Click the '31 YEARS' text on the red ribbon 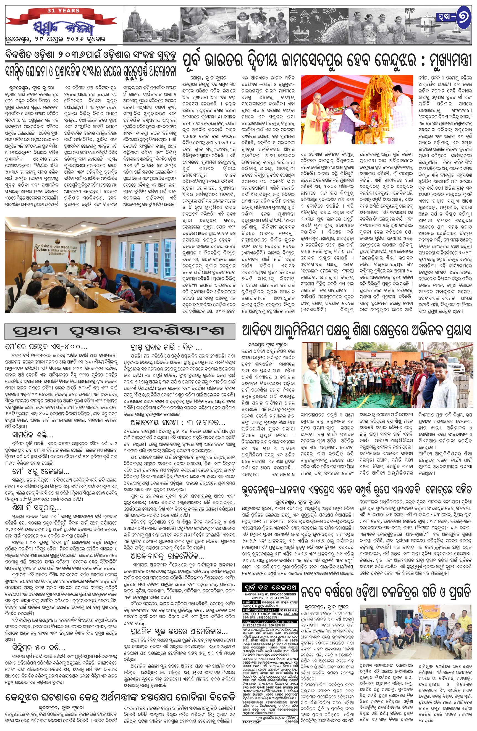click(63, 10)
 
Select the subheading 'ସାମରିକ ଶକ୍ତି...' click(33, 435)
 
